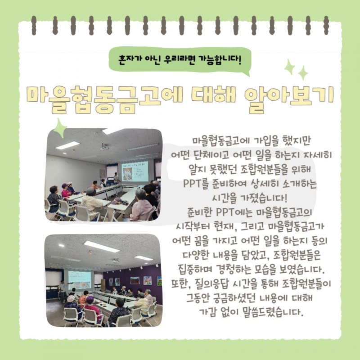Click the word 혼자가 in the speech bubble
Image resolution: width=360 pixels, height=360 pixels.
(x=130, y=60)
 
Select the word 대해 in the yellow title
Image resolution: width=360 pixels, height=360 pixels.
(x=213, y=95)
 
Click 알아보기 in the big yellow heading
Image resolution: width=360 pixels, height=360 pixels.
(x=289, y=99)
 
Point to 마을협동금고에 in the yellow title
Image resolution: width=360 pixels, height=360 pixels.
(x=105, y=99)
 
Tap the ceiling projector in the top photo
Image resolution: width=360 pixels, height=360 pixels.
(x=104, y=147)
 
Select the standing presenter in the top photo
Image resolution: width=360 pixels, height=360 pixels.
(x=116, y=178)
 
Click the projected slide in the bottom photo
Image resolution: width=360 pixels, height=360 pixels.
(x=80, y=280)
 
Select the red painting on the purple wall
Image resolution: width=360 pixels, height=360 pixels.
(x=135, y=280)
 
